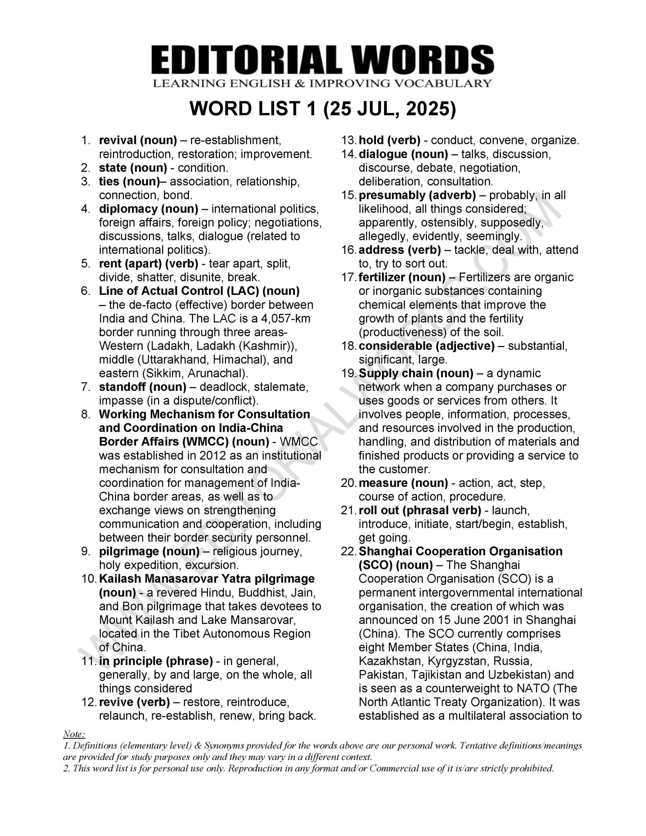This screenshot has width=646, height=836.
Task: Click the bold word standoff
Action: (122, 387)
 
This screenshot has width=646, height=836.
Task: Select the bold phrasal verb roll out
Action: (378, 510)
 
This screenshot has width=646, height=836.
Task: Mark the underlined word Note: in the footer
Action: (74, 734)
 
